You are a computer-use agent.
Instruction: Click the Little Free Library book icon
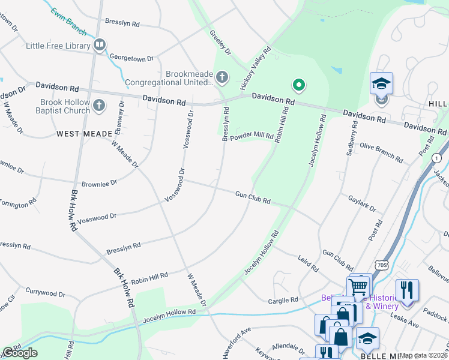point(100,45)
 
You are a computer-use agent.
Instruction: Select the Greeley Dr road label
point(220,43)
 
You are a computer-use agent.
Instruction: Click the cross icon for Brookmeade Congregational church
point(222,77)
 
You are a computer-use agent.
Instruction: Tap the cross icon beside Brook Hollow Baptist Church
point(100,106)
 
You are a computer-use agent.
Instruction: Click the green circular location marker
point(298,86)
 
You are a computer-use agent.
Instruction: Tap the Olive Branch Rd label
point(381,152)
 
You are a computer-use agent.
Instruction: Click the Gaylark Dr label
point(362,203)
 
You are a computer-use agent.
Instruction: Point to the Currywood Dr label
point(45,293)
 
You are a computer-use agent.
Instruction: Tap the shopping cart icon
point(358,286)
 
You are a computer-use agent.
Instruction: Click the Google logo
point(20,353)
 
